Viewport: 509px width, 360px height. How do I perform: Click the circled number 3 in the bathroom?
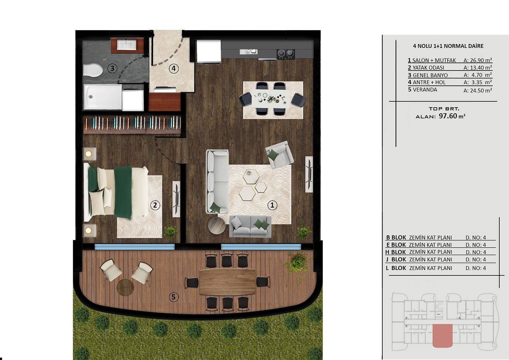click(x=112, y=68)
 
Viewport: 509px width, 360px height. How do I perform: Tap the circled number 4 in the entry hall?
click(x=174, y=68)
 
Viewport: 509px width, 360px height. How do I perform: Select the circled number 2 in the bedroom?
click(x=155, y=205)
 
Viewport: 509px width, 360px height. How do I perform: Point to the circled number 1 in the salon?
click(x=272, y=205)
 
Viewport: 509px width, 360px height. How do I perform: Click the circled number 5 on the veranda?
click(x=174, y=297)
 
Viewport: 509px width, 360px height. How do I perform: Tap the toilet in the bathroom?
click(x=93, y=70)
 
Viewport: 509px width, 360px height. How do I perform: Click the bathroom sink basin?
click(x=127, y=44)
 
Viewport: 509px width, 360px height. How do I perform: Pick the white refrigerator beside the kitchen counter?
click(x=209, y=51)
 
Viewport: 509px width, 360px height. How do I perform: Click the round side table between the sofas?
click(x=217, y=225)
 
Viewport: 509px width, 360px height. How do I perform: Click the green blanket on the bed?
click(x=123, y=192)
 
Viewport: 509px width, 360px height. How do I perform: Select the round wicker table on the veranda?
click(x=125, y=287)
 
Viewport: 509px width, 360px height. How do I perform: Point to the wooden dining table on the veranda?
click(x=227, y=282)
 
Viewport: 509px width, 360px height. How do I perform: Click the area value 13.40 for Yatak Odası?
click(x=478, y=67)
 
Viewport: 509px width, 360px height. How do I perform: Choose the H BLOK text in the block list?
click(x=395, y=252)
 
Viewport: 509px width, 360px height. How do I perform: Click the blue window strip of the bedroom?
click(x=135, y=247)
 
